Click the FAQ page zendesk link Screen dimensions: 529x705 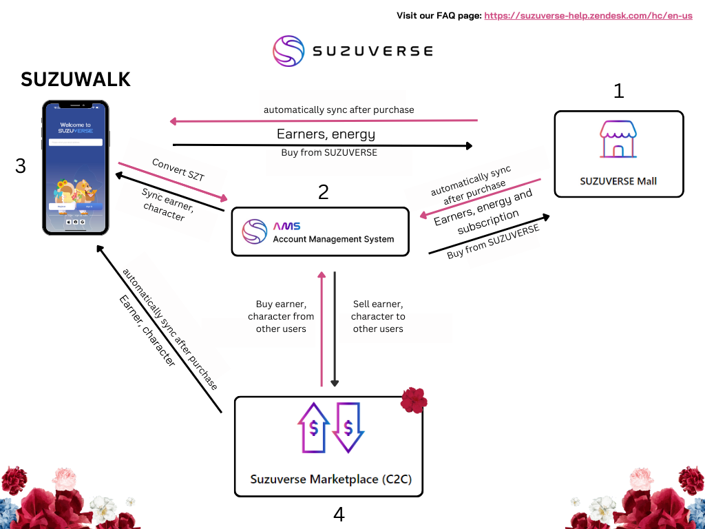(588, 15)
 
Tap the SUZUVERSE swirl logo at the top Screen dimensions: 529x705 (288, 51)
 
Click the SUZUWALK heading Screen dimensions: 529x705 (76, 79)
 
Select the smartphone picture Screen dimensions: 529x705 (76, 167)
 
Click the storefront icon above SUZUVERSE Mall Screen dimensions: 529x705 (618, 140)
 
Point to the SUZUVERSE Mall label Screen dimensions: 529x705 (618, 181)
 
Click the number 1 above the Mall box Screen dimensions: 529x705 (618, 90)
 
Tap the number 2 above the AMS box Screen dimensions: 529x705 (323, 192)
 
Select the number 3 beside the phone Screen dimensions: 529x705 (21, 166)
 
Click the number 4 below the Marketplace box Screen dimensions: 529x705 (339, 514)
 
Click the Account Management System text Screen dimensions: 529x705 (333, 239)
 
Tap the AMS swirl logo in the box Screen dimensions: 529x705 (255, 231)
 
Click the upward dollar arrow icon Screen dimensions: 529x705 (313, 428)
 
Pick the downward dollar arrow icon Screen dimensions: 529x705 (348, 428)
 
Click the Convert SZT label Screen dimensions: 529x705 (178, 170)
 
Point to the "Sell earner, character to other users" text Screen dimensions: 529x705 (378, 316)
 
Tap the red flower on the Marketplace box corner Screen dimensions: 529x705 (414, 400)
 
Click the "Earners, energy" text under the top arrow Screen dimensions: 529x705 (326, 134)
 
